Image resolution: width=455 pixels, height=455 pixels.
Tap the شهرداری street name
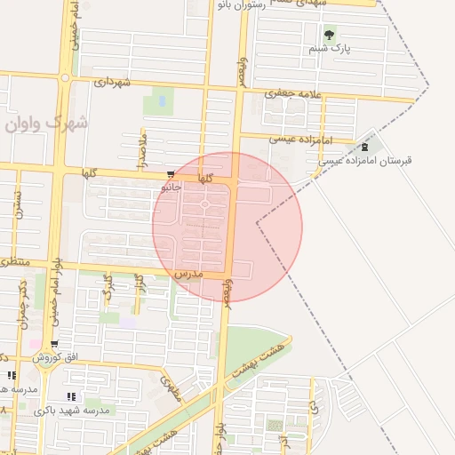pos(112,83)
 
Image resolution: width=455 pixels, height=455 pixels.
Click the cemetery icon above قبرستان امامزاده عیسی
pos(365,147)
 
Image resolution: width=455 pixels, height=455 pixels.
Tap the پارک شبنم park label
pos(331,49)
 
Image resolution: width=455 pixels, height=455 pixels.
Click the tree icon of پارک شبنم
pos(330,36)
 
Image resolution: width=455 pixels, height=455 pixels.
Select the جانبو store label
pos(172,188)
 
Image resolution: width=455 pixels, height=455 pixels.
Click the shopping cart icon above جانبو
pos(171,175)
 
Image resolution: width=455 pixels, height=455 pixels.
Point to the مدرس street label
pos(189,275)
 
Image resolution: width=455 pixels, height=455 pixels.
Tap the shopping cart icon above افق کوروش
pos(55,344)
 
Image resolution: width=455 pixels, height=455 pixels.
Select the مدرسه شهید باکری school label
pos(72,411)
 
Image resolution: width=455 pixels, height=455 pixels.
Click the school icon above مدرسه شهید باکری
pos(71,396)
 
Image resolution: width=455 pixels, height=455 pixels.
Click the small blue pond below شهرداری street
pos(162,101)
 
